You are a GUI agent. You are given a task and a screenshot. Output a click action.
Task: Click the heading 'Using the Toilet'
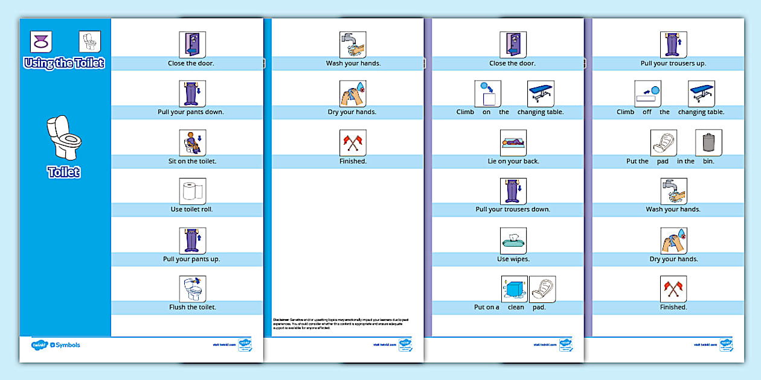[64, 63]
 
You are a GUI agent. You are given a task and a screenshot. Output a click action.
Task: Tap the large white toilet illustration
[64, 137]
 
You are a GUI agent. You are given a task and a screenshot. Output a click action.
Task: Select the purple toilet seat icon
[40, 42]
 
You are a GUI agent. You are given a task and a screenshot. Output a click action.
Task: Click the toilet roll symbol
[193, 191]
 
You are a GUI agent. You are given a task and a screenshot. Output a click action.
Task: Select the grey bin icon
[708, 143]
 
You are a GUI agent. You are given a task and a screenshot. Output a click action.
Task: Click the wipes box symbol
[513, 241]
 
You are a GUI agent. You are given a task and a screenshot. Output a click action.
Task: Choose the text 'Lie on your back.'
[513, 161]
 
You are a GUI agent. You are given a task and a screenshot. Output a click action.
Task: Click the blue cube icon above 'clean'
[515, 289]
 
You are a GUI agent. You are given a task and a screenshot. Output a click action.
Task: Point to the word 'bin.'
[708, 161]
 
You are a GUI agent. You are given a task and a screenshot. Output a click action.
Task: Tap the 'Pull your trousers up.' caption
[673, 63]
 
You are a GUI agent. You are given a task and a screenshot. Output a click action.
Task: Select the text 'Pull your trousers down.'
[513, 209]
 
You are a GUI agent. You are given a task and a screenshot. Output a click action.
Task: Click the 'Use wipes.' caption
[513, 259]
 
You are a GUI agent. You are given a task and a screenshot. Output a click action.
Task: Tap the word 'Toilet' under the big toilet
[64, 173]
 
